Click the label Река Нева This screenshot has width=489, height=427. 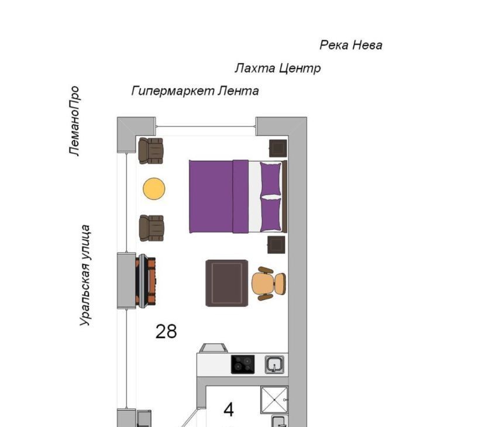tap(351, 45)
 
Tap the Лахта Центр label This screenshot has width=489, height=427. tap(278, 68)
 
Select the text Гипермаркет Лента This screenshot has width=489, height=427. tap(195, 91)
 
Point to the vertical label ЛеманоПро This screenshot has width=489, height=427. tap(74, 120)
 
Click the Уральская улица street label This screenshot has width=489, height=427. tap(85, 276)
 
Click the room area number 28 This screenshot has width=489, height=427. tap(166, 331)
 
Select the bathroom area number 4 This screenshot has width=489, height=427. tap(229, 410)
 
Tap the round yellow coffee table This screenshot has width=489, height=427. tap(154, 189)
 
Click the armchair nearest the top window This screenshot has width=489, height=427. tap(151, 151)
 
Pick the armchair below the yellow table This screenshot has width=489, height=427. tap(151, 228)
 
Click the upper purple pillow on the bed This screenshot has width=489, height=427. tap(270, 179)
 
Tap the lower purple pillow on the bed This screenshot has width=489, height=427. tap(270, 214)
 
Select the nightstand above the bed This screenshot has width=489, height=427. tap(278, 148)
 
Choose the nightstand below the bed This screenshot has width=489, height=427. tap(276, 245)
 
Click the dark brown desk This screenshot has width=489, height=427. tap(227, 283)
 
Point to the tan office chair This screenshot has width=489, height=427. tap(269, 284)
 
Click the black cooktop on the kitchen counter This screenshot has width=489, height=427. tap(243, 364)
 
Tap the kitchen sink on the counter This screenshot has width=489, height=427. tap(274, 364)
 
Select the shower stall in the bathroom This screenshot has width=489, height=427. tap(274, 400)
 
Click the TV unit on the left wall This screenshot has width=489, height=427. tap(145, 280)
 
